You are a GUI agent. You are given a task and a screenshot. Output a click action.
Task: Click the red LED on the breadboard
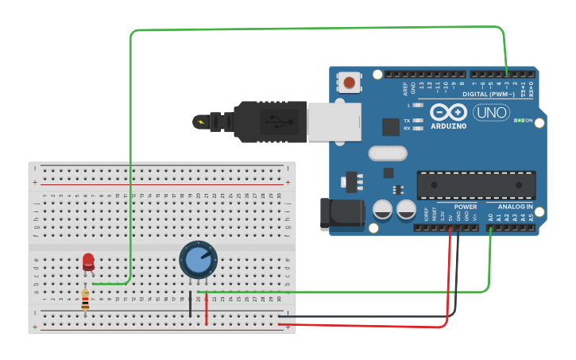88,261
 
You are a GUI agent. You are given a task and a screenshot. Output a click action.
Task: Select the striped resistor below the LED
86,300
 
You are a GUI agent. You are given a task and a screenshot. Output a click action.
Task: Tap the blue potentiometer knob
197,258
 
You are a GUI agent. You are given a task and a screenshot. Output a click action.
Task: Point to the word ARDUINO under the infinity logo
449,126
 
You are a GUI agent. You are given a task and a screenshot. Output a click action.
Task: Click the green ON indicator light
519,120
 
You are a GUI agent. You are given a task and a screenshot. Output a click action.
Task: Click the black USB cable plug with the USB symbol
270,122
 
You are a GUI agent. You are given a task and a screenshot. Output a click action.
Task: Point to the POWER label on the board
466,207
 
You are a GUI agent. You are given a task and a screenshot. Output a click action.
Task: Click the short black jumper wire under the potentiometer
191,304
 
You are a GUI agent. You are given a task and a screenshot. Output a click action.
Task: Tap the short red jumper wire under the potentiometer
207,309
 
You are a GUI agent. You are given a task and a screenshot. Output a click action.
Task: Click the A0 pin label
490,216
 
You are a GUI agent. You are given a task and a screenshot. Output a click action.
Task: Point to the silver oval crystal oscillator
387,153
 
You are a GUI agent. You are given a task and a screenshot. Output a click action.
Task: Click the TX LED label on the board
407,120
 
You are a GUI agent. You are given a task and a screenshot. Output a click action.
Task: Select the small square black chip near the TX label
390,127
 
